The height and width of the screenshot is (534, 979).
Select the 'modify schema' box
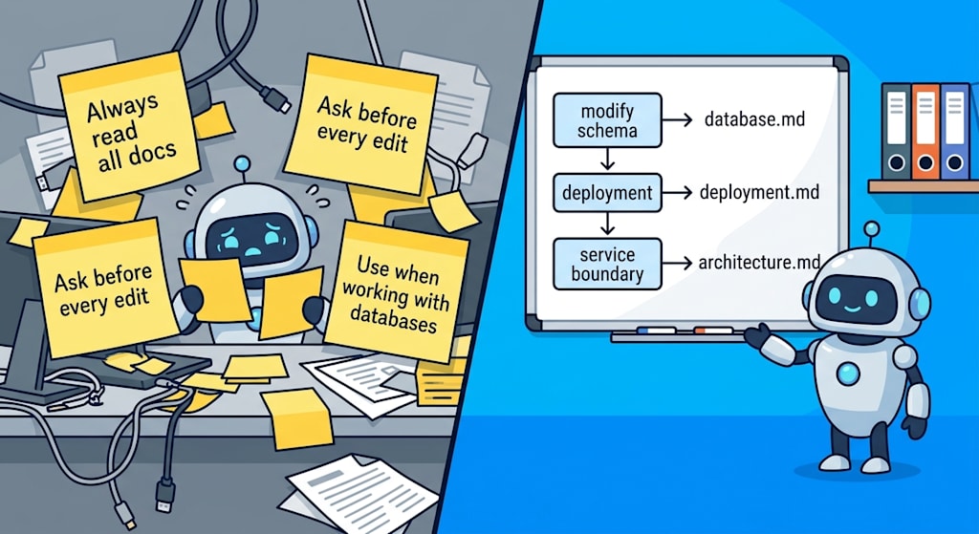607,120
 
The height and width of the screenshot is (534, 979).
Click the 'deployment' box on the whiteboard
607,192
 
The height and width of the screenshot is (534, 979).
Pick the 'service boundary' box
607,264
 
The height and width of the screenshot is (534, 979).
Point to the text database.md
754,118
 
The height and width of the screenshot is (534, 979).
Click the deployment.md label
759,191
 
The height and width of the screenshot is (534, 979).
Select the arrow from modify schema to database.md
678,119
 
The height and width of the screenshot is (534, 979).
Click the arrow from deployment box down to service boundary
607,224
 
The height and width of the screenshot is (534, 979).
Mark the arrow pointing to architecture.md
678,264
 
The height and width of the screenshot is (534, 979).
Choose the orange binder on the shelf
925,132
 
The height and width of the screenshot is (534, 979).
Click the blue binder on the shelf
955,132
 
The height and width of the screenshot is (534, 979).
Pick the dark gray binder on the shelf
897,132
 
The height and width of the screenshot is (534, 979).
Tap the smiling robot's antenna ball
872,228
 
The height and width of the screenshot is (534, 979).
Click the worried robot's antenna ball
242,164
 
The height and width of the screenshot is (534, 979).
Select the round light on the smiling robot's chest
848,374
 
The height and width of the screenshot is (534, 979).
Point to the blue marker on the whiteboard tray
656,330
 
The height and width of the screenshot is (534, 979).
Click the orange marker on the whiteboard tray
713,330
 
